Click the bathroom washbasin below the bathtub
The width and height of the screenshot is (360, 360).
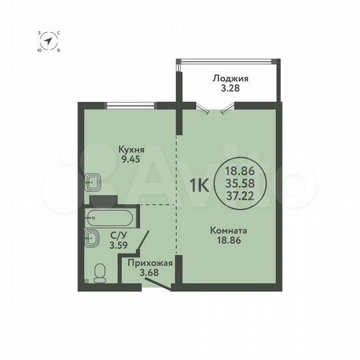click(92, 236)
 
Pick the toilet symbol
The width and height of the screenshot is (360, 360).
click(99, 273)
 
